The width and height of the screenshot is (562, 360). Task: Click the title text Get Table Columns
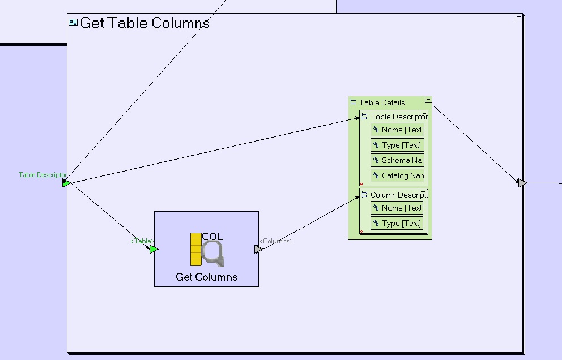point(145,23)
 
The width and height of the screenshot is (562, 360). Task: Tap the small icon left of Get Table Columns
point(73,23)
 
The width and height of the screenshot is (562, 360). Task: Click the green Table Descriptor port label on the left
point(42,175)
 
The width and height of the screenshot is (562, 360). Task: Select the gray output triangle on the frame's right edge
point(522,183)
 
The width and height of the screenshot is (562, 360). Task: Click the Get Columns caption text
point(206,277)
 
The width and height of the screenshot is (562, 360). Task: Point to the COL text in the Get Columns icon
point(212,237)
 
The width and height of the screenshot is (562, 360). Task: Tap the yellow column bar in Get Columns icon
point(196,249)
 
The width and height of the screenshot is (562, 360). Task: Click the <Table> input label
point(142,241)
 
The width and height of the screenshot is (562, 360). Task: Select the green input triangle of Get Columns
point(154,249)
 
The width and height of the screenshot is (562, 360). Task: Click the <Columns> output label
point(276,241)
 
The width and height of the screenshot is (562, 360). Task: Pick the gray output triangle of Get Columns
point(258,249)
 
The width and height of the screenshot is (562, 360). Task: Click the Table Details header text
point(382,102)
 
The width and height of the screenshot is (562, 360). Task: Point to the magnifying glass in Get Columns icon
point(213,254)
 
